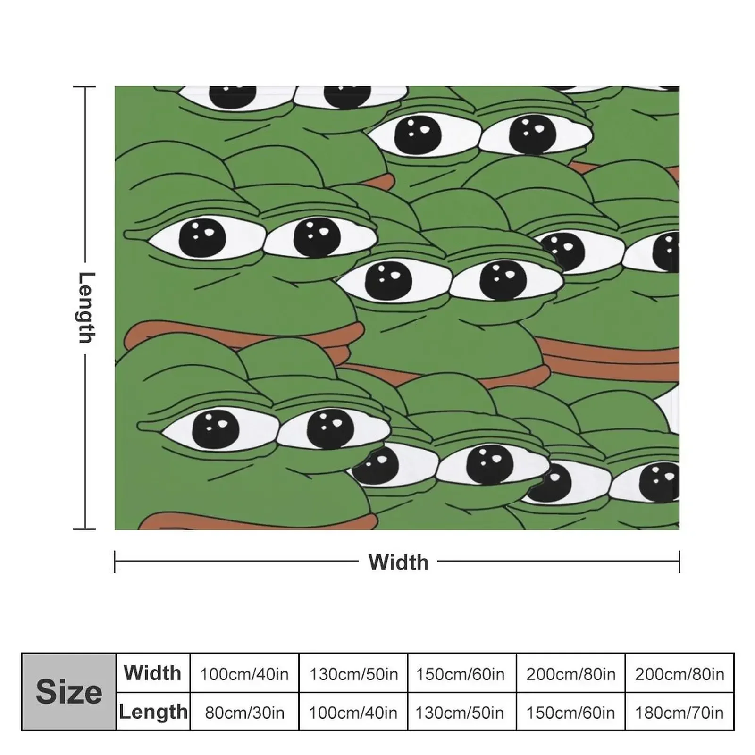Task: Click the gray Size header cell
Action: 69,692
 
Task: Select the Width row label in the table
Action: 152,673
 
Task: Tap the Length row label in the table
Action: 152,712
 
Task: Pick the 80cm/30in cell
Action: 244,712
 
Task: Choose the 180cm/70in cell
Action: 679,712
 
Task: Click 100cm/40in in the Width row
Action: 244,674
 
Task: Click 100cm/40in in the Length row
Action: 353,712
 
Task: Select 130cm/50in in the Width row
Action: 353,674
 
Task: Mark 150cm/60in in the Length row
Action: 570,712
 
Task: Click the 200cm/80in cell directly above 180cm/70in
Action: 679,674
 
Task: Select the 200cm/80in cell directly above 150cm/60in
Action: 570,674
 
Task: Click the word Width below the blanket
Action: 398,562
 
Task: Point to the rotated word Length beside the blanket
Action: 86,307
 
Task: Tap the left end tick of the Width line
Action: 115,562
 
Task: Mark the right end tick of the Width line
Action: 679,562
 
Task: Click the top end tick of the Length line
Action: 85,87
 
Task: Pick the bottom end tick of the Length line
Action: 85,529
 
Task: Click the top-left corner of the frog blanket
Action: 116,87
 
